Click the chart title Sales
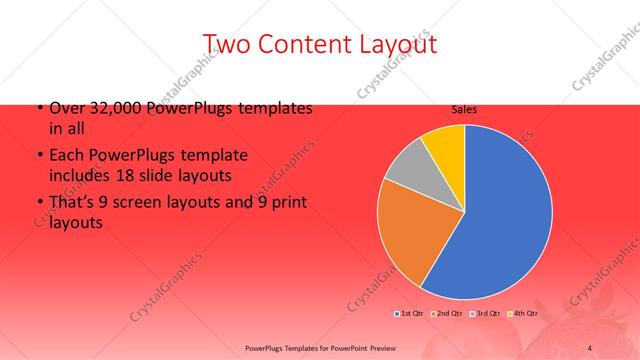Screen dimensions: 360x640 (464, 109)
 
